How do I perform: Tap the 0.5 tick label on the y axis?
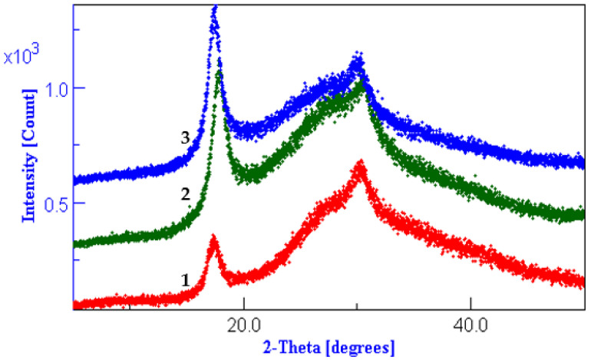point(51,203)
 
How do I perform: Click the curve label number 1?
point(185,281)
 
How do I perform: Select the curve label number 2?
point(185,195)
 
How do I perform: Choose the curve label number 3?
point(185,138)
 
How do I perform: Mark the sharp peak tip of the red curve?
point(213,239)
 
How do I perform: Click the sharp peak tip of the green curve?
point(220,71)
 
